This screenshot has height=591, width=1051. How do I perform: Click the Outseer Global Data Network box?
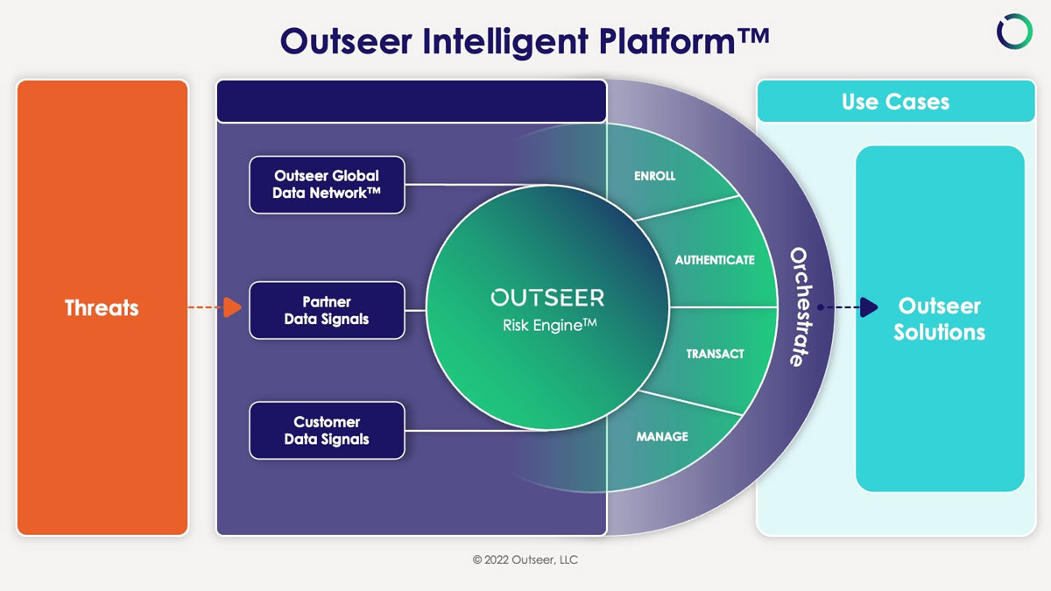(x=327, y=185)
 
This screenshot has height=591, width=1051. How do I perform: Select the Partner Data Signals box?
(x=327, y=310)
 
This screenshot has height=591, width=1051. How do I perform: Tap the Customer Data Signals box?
(x=327, y=430)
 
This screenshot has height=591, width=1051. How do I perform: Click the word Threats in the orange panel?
(x=102, y=307)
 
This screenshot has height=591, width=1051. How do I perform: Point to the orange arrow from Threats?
(x=215, y=307)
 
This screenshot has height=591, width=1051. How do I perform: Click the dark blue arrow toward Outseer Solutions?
(x=848, y=307)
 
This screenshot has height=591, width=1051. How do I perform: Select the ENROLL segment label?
(x=654, y=176)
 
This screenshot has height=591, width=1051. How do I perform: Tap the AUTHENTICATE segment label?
(x=715, y=260)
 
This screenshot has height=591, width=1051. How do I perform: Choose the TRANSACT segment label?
(x=715, y=354)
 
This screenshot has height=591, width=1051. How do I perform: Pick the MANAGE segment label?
(x=662, y=437)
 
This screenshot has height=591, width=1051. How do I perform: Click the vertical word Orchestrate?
(x=800, y=306)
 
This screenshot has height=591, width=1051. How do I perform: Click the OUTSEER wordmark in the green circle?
(x=547, y=298)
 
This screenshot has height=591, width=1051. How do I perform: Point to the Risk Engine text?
(x=549, y=325)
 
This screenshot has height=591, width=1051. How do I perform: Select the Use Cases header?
(x=896, y=102)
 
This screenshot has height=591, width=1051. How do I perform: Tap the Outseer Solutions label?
(x=939, y=319)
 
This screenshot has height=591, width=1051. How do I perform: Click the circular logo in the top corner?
(x=1014, y=32)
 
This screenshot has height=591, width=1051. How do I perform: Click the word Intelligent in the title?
(x=504, y=41)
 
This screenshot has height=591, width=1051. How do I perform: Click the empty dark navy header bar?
(x=412, y=102)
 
